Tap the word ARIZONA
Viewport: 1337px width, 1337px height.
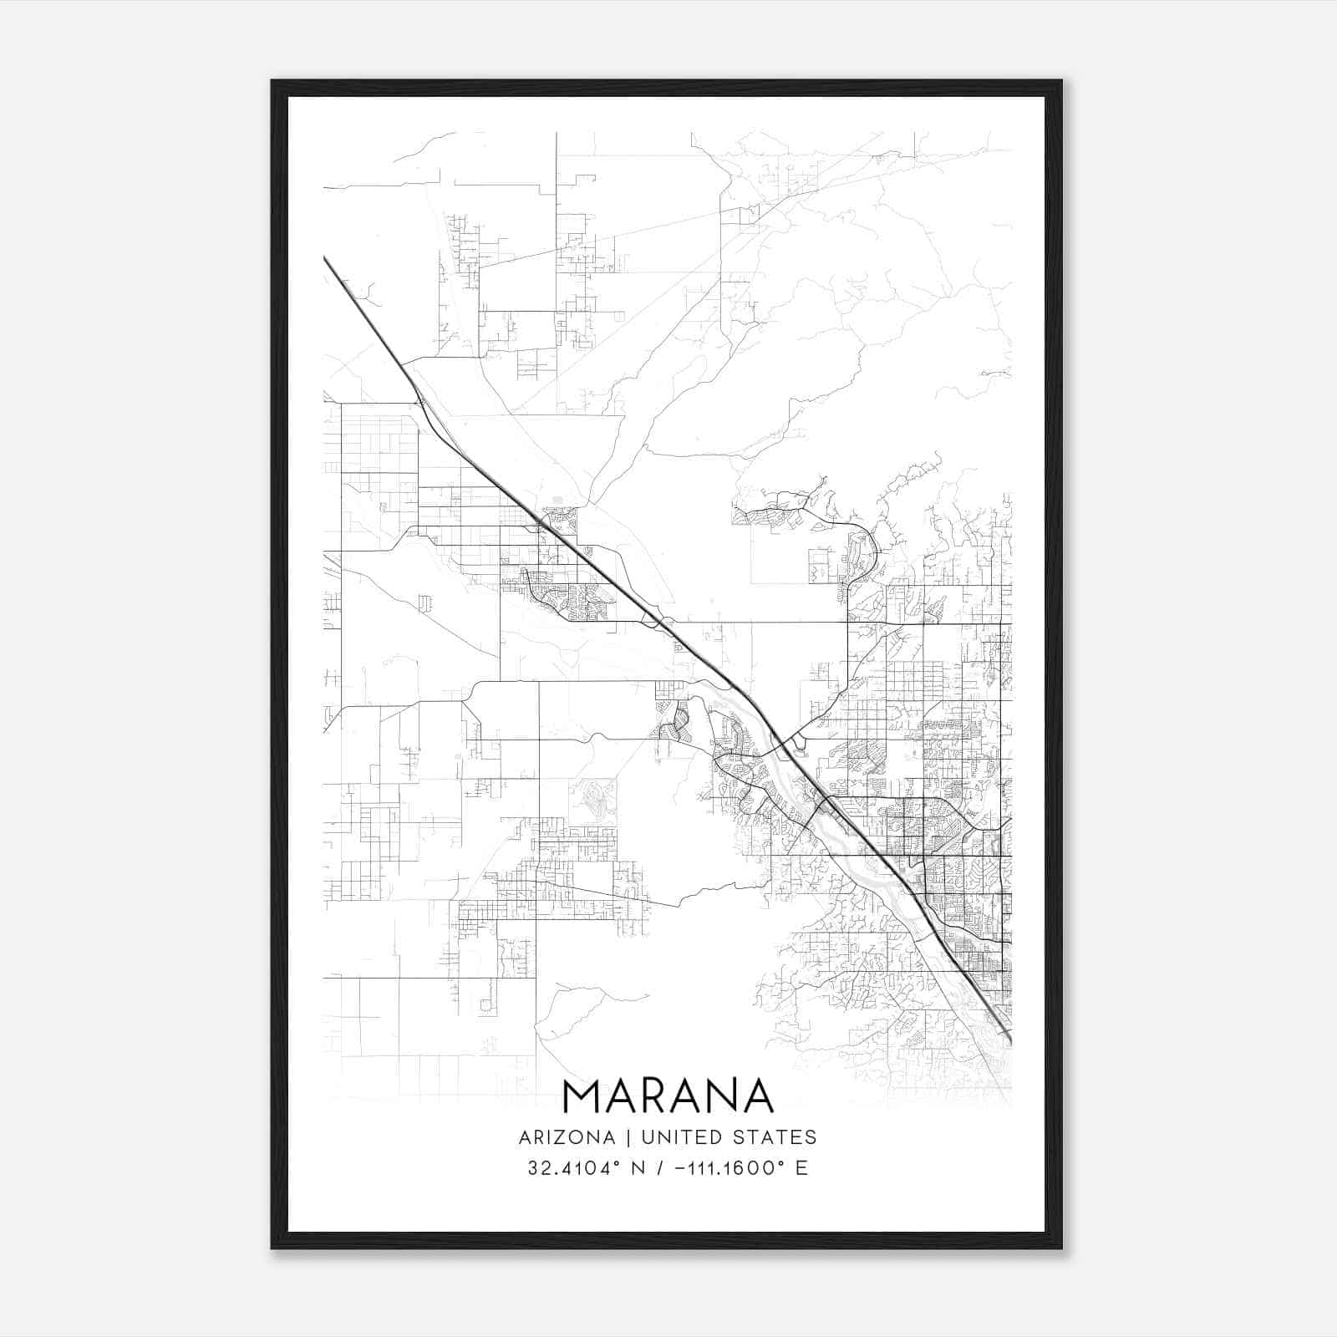pos(567,1137)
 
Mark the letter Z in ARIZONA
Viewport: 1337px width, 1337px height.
pos(565,1137)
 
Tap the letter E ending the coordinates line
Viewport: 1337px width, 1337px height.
pos(802,1168)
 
